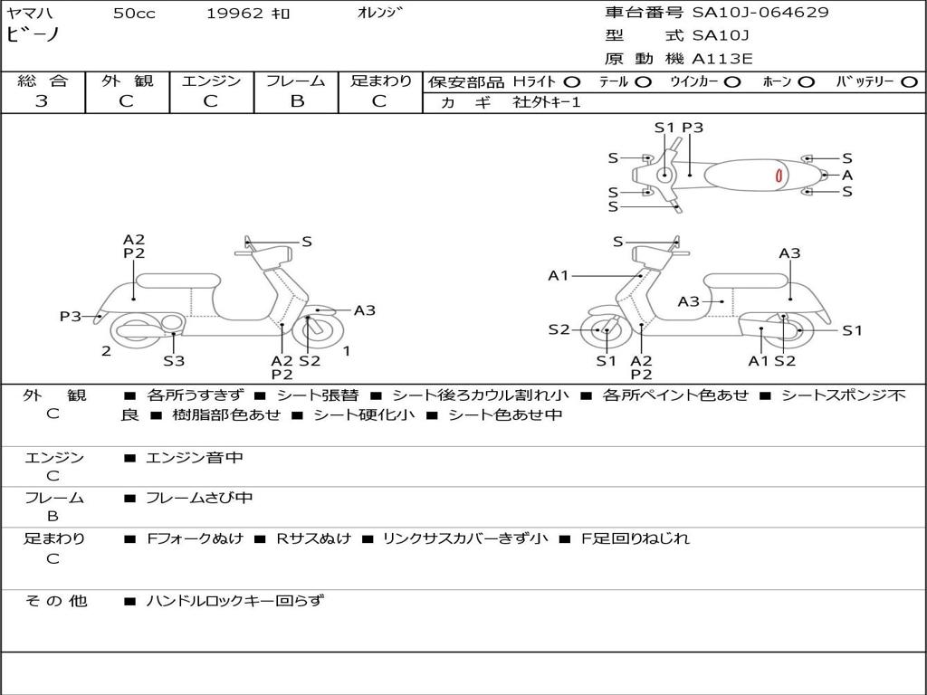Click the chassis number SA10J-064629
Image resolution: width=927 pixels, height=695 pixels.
click(x=760, y=12)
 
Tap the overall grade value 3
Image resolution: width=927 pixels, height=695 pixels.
click(x=42, y=101)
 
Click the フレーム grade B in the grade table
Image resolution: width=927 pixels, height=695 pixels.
click(x=297, y=101)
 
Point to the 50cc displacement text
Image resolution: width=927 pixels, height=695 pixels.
click(x=135, y=13)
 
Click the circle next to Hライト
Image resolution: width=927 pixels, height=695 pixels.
click(x=572, y=82)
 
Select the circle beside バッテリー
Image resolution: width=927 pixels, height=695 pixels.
click(x=910, y=82)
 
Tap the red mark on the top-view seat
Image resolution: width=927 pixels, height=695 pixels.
click(x=779, y=176)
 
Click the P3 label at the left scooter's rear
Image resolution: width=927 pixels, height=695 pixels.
click(x=71, y=316)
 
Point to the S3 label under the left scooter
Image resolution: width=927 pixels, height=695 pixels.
click(x=174, y=360)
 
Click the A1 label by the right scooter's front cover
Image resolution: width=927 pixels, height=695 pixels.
click(x=558, y=275)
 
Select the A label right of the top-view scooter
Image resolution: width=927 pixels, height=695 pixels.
click(x=847, y=175)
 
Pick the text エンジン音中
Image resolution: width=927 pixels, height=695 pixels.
click(x=194, y=457)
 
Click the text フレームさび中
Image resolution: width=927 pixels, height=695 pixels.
click(x=199, y=498)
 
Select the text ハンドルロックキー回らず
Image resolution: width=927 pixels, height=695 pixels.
click(x=234, y=601)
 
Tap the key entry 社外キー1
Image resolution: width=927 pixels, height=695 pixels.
click(x=547, y=102)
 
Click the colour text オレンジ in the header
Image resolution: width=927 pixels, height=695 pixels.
click(x=380, y=13)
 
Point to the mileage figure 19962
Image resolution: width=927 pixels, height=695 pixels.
click(x=234, y=13)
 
